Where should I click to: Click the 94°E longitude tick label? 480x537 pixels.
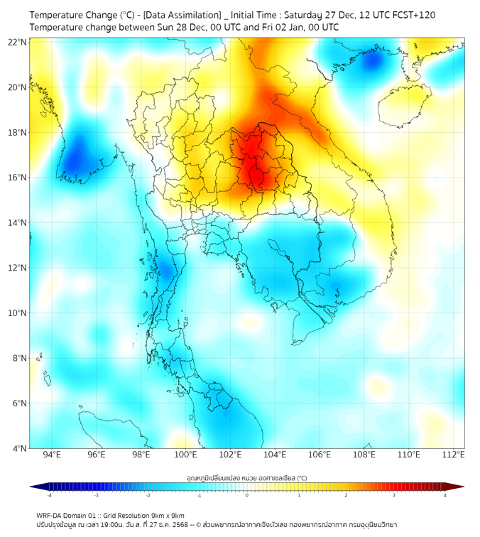(52, 455)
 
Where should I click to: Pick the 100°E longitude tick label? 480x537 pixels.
(186, 455)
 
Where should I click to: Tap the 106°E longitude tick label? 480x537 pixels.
(320, 455)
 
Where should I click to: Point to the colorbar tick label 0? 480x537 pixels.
(247, 495)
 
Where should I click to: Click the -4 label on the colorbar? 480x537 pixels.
(48, 495)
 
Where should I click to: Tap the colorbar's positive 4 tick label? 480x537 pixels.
(445, 495)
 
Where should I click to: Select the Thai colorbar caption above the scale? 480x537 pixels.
(246, 478)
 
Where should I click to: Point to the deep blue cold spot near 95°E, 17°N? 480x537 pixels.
(73, 161)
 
